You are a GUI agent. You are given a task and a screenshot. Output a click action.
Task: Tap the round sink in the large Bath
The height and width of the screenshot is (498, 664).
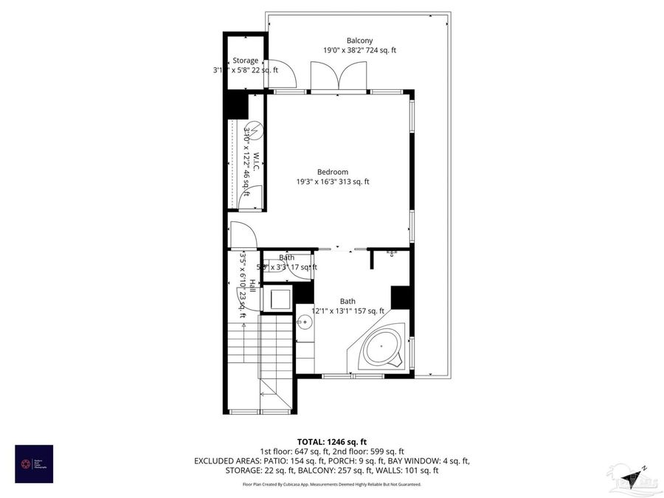305,322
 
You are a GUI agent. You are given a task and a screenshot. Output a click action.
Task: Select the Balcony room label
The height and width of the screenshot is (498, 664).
359,41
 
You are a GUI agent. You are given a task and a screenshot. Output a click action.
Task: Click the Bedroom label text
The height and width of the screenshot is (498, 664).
332,172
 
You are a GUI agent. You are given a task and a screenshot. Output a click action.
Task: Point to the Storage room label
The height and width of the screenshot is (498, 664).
246,60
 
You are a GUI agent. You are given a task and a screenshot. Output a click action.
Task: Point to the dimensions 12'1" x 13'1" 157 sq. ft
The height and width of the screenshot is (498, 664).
347,311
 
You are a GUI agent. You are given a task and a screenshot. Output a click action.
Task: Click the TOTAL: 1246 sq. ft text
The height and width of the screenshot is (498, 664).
332,440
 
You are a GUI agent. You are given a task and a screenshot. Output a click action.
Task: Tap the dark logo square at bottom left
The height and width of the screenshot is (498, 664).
34,464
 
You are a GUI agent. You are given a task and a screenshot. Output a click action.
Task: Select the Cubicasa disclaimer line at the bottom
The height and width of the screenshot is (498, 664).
332,485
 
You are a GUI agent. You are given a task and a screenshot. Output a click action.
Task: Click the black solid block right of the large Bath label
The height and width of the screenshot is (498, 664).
400,297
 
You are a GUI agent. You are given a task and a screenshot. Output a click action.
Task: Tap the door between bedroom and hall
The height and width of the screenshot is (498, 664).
243,234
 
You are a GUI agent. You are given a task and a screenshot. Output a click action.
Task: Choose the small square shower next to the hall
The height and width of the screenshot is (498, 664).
279,299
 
